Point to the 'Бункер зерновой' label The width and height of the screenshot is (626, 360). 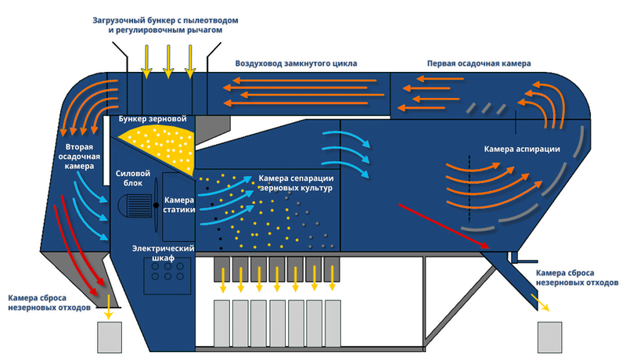point(153,119)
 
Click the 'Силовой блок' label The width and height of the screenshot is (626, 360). point(129,178)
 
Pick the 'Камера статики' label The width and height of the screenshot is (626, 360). point(178,205)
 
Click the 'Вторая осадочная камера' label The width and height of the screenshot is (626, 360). point(78,156)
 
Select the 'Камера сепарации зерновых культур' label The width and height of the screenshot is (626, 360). point(296,184)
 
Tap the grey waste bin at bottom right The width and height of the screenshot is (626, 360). point(549,337)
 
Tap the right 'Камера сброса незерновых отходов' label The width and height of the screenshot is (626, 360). point(577,276)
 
